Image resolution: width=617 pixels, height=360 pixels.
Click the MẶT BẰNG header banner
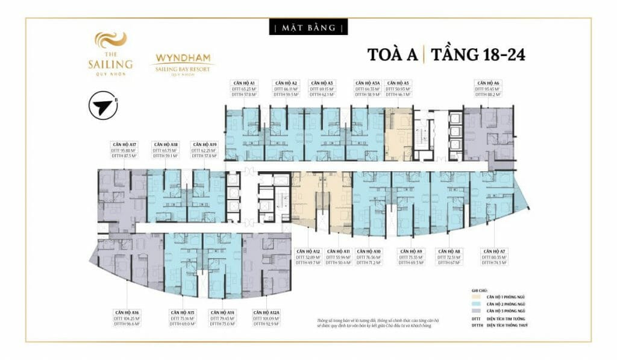click(x=308, y=28)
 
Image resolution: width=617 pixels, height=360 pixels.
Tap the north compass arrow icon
click(x=102, y=106)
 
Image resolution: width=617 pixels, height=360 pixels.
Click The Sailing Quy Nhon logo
click(x=113, y=54)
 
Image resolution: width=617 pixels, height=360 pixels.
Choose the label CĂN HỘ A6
click(x=488, y=82)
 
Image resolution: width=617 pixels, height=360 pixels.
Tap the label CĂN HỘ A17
click(x=125, y=145)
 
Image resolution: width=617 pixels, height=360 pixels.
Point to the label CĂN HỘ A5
click(x=398, y=82)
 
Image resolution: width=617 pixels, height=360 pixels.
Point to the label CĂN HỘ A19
click(x=204, y=145)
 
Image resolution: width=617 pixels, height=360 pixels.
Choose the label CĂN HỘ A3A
click(x=367, y=82)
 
